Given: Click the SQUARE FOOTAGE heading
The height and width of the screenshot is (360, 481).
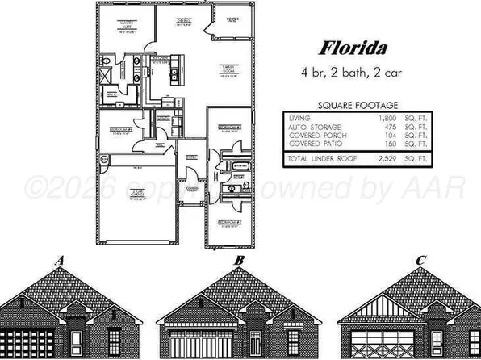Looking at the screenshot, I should (x=358, y=105).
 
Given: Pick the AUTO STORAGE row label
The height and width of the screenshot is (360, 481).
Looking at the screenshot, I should (x=314, y=128).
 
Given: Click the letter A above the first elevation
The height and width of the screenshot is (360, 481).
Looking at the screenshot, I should (x=60, y=261).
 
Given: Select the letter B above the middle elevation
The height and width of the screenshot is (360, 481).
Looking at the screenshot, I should (x=239, y=261).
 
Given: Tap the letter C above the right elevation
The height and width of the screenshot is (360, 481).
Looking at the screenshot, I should (x=420, y=261).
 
